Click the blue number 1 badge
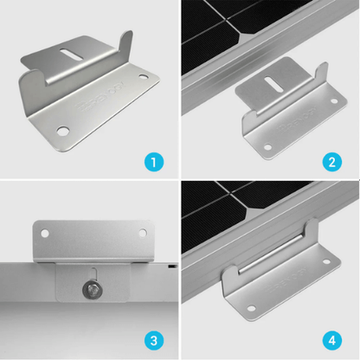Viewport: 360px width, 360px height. tap(154, 160)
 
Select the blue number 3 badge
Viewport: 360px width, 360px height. tap(154, 340)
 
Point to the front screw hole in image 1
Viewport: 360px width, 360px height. tap(63, 132)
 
